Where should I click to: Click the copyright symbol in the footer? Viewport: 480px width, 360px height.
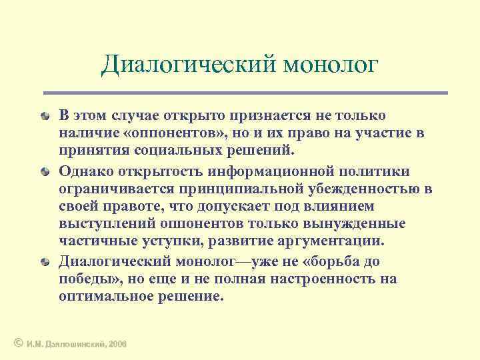18,343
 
